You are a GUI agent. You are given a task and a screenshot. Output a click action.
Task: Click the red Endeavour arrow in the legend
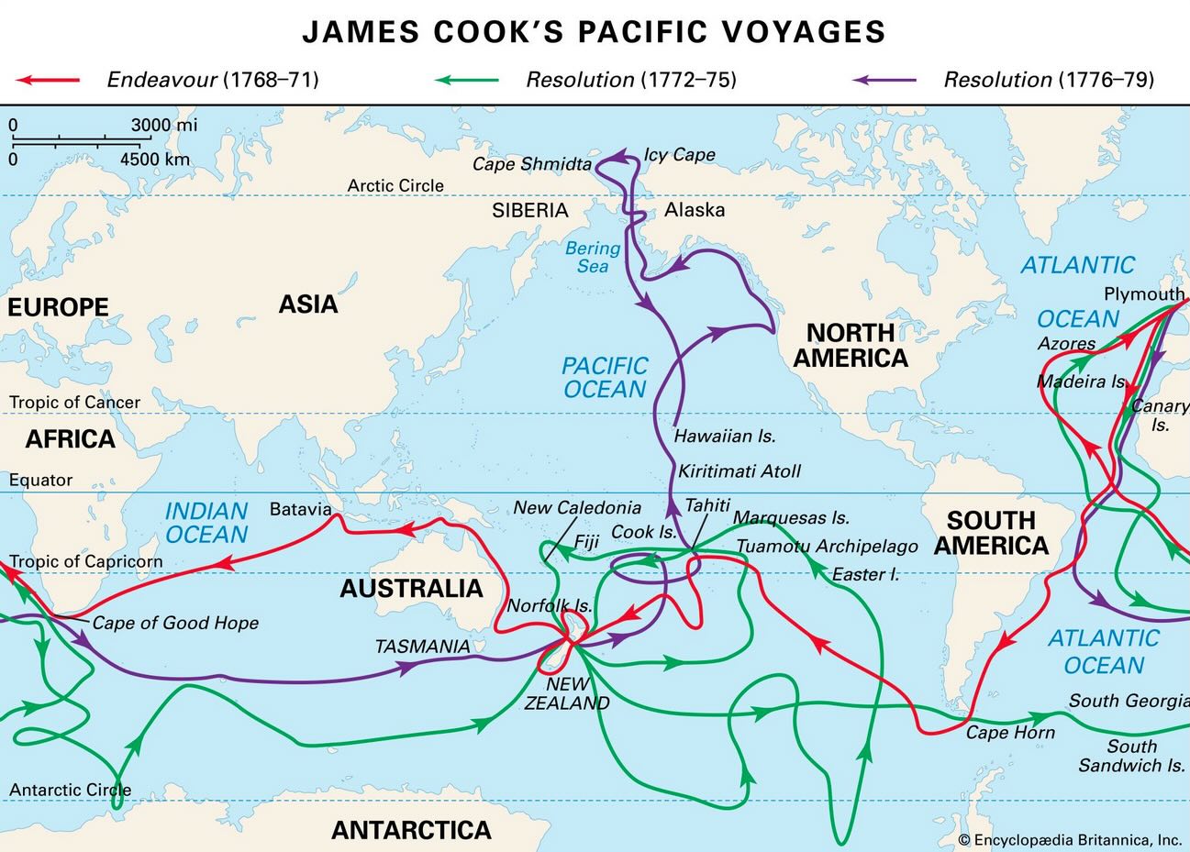[48, 80]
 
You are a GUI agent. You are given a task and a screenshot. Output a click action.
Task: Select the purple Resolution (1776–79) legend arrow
[884, 80]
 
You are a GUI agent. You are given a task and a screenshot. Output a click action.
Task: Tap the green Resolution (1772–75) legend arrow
[467, 80]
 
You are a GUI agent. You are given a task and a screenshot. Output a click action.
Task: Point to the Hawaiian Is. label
[725, 437]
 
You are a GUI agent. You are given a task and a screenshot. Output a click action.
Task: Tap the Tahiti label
[707, 505]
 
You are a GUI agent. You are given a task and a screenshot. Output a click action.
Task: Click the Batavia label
[300, 508]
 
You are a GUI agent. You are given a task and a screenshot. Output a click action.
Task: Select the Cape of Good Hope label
[175, 623]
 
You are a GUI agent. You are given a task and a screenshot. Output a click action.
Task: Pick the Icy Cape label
[679, 154]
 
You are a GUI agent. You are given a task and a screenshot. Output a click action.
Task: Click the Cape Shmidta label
[531, 164]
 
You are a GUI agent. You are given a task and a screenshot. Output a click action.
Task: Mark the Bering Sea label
[593, 257]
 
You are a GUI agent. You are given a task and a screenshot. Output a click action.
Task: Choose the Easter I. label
[865, 575]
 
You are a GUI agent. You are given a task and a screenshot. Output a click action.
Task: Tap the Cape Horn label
[1010, 733]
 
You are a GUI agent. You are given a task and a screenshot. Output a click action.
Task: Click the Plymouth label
[1143, 294]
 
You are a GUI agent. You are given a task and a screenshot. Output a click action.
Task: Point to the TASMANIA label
[422, 647]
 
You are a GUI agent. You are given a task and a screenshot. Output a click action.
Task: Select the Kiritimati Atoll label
[739, 471]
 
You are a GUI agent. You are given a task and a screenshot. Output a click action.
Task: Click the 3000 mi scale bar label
[163, 125]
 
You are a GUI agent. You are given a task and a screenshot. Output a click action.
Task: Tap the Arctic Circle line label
[395, 185]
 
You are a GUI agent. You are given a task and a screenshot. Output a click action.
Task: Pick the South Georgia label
[1129, 701]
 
